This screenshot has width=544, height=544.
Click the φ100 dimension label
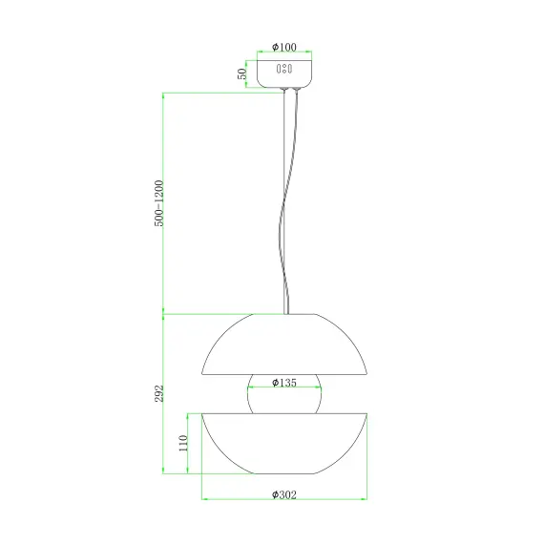(284, 46)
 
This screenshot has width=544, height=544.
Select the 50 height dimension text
(243, 72)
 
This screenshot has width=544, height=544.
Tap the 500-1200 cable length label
(161, 202)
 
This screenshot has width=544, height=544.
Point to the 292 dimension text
(161, 392)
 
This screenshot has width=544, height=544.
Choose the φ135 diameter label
(284, 383)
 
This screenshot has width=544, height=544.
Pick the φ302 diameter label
(284, 494)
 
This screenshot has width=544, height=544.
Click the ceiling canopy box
(284, 72)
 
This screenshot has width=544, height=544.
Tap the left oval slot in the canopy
(279, 70)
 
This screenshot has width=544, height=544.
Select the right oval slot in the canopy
(289, 70)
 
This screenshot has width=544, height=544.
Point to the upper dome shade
(284, 344)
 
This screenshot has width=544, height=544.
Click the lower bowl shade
(284, 444)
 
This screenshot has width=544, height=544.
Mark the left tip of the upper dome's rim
(201, 374)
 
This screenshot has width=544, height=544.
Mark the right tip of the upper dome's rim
(367, 374)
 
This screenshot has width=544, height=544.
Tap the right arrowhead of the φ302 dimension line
(366, 499)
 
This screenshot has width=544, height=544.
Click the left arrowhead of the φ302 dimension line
(204, 499)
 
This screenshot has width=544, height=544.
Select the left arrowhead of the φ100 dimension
(259, 52)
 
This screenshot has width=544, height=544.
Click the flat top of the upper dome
(284, 315)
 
